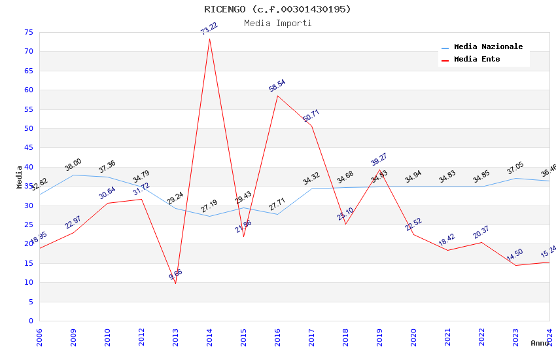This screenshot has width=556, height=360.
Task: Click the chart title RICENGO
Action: [277, 9]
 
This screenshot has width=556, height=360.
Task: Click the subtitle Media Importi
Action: [277, 24]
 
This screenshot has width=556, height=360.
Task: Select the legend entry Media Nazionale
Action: [488, 47]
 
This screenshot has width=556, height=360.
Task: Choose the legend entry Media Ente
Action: [477, 60]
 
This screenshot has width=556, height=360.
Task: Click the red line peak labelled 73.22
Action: [209, 39]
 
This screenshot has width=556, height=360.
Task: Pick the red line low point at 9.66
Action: [175, 283]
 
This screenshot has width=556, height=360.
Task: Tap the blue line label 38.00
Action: [73, 165]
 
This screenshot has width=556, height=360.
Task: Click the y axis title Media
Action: [20, 177]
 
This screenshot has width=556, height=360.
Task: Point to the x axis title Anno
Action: [540, 343]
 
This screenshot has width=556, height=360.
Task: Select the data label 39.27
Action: [379, 160]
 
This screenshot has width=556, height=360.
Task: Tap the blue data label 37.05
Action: [515, 169]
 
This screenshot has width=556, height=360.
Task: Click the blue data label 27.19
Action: [209, 207]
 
